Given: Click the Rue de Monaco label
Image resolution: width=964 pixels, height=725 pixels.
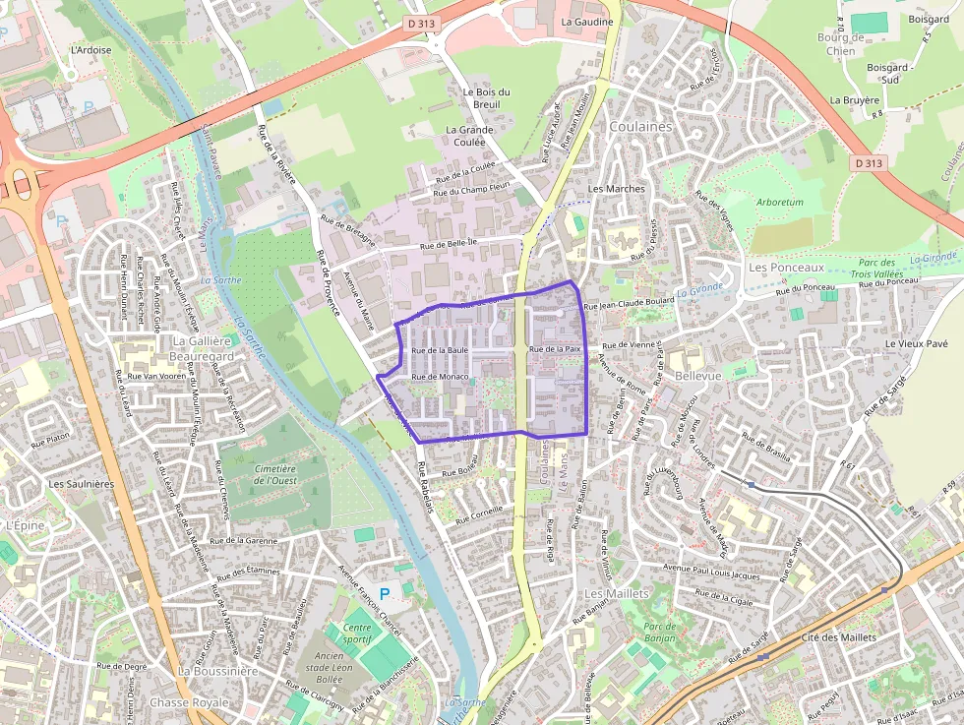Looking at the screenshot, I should [x=440, y=377].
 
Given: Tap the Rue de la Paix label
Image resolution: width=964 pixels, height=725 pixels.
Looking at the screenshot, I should [x=557, y=349].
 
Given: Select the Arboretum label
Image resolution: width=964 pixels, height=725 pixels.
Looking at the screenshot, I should [x=780, y=202].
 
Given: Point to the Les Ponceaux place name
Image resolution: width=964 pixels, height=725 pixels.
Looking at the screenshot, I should [x=786, y=267].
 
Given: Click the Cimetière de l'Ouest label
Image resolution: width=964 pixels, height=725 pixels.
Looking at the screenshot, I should [x=275, y=475].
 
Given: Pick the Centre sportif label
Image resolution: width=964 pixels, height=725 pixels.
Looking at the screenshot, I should [x=358, y=633].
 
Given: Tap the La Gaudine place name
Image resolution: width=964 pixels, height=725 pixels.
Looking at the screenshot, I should [x=587, y=22].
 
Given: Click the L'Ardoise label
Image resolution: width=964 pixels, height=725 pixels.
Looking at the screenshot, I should [x=90, y=50].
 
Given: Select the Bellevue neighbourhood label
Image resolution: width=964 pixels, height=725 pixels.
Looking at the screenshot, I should [x=698, y=376].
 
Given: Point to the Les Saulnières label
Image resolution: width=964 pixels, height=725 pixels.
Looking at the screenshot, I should [x=82, y=484].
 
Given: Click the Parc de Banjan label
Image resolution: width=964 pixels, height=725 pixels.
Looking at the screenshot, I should [x=659, y=632].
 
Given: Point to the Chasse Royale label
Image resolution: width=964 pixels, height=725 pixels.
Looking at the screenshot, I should [x=189, y=702].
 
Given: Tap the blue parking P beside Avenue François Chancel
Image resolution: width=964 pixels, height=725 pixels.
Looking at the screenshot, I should [x=385, y=594].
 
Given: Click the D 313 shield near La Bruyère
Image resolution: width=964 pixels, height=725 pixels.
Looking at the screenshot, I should [x=870, y=162].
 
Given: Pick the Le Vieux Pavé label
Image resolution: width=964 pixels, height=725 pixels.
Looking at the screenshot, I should [x=916, y=343].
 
